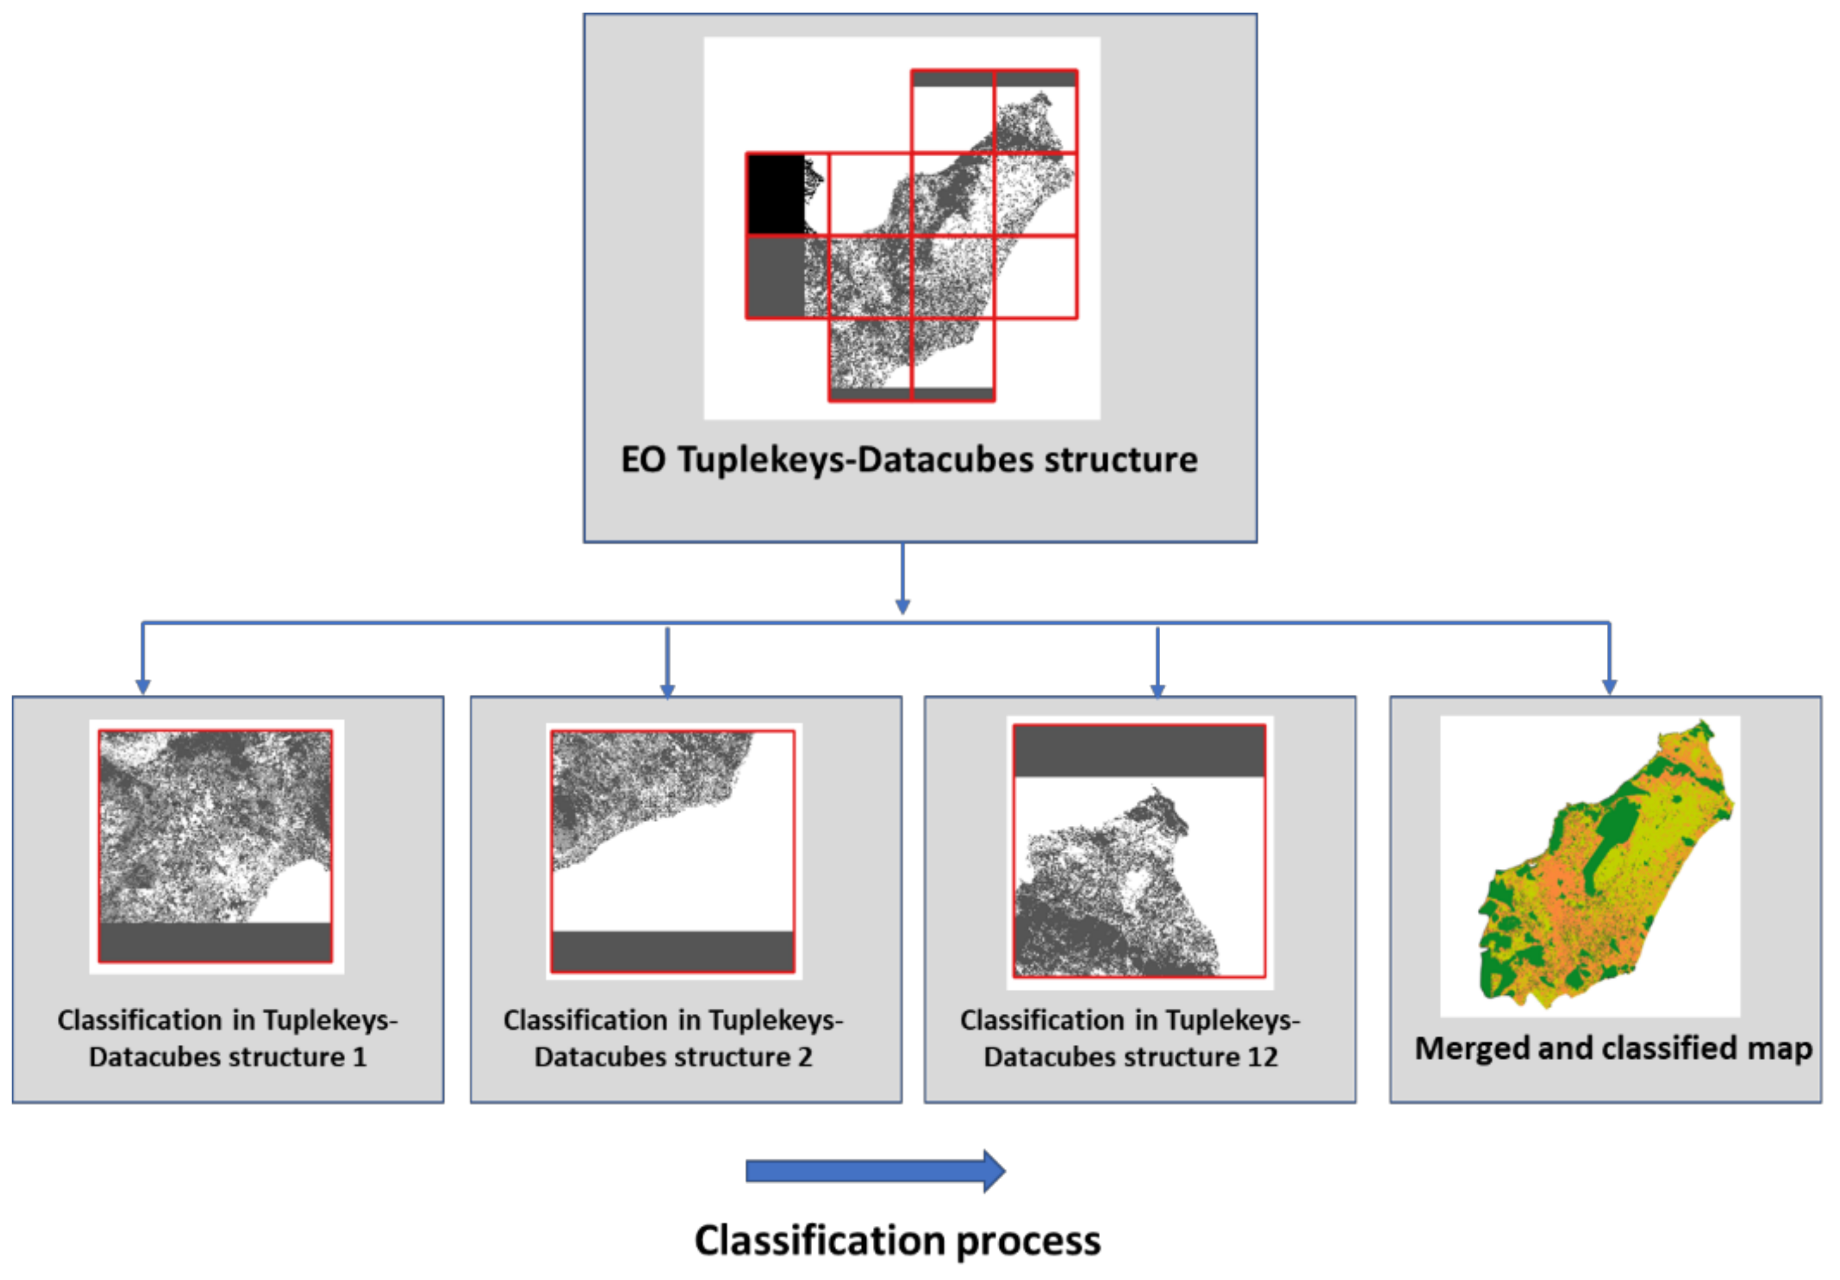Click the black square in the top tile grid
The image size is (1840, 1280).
775,194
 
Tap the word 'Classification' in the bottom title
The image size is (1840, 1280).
818,1241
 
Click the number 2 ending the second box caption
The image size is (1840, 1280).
804,1057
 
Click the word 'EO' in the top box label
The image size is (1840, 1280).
643,460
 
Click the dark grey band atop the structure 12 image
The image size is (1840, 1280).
1139,751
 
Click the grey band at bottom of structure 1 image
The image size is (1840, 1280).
215,942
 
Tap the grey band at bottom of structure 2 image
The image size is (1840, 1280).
672,951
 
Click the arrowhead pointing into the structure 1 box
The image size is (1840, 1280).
143,687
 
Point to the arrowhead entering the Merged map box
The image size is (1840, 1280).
1609,687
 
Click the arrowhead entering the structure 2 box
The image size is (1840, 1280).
668,690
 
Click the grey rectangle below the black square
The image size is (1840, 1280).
775,277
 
